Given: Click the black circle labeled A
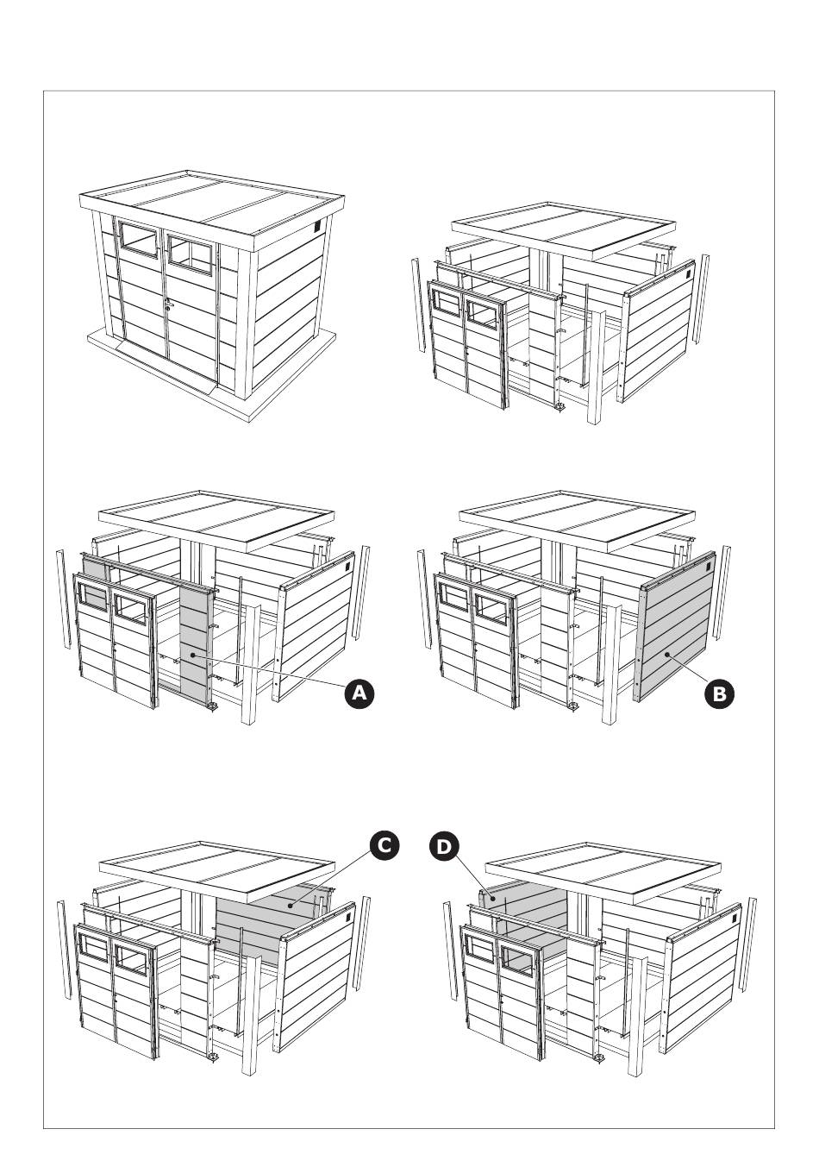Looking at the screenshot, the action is pyautogui.click(x=359, y=693).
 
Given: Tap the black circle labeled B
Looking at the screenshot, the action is pyautogui.click(x=720, y=693).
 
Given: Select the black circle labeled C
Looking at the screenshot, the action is pyautogui.click(x=384, y=845).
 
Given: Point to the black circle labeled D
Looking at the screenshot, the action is pyautogui.click(x=444, y=847).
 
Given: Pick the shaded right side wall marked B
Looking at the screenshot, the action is pyautogui.click(x=675, y=626).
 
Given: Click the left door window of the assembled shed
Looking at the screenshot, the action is pyautogui.click(x=138, y=239).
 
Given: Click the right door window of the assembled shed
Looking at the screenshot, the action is pyautogui.click(x=191, y=254).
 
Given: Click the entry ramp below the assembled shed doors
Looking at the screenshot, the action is pyautogui.click(x=167, y=368).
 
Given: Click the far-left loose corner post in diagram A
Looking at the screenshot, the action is pyautogui.click(x=63, y=598).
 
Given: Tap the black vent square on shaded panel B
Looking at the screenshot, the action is pyautogui.click(x=708, y=566).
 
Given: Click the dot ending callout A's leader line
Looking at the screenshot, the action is pyautogui.click(x=193, y=655).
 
